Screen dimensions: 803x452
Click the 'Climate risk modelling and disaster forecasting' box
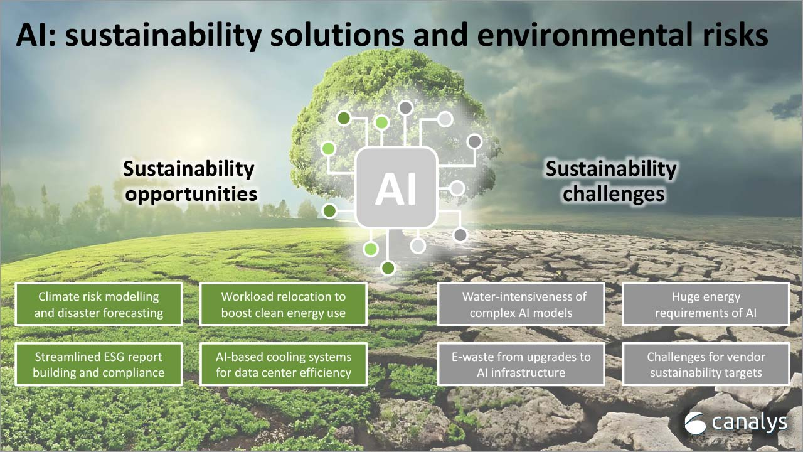point(98,304)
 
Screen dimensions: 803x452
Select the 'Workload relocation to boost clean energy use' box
point(283,304)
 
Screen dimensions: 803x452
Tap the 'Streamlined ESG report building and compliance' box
point(98,364)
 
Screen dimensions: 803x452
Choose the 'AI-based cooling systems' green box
point(283,364)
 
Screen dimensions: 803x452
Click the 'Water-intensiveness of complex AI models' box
point(521,304)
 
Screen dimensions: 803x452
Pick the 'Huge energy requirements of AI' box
point(706,304)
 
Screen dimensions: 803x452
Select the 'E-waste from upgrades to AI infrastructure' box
point(521,364)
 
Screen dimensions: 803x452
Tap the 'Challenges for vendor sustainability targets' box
point(706,364)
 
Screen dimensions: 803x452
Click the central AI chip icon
point(396,188)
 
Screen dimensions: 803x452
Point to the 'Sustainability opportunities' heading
point(189,181)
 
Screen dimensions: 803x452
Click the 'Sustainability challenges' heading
point(612,181)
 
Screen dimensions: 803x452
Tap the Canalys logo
point(736,423)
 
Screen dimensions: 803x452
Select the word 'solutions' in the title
point(338,35)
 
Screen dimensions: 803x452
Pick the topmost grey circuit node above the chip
point(405,107)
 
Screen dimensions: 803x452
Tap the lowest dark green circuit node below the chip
point(388,268)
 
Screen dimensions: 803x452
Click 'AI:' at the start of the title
point(36,35)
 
